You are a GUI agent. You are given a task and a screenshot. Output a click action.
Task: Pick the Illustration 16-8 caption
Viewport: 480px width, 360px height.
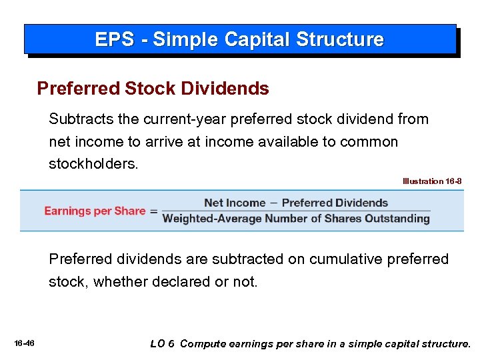431,181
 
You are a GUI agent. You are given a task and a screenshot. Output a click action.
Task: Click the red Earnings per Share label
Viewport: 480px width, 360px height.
95,211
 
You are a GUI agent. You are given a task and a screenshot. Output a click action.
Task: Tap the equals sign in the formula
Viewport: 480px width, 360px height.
153,211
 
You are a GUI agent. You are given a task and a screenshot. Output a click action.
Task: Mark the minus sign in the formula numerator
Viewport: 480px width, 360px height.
273,203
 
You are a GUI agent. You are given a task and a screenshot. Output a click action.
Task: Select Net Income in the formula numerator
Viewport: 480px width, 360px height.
235,203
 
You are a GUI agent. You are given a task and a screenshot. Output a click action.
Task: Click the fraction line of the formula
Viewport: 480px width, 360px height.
297,211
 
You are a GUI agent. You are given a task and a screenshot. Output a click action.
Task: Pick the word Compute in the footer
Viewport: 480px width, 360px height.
202,344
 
